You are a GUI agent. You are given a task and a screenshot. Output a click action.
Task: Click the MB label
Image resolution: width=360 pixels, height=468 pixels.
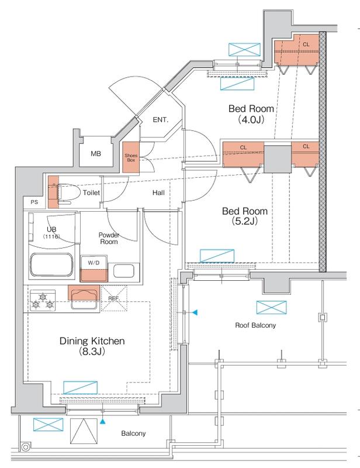[x=96, y=154]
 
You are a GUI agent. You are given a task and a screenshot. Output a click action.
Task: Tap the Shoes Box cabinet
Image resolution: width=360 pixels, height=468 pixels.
[x=131, y=157]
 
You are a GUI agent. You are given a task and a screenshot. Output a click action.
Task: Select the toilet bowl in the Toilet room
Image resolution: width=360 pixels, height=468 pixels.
[x=68, y=193]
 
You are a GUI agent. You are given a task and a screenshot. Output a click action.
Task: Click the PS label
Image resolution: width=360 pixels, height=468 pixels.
[x=34, y=202]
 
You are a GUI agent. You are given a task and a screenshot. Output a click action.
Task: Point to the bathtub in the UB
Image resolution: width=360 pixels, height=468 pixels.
[x=51, y=265]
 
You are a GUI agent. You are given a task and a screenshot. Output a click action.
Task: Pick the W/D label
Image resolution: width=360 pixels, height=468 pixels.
[x=94, y=263]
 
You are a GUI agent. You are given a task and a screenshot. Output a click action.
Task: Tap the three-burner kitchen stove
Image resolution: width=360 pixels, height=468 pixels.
[x=43, y=301]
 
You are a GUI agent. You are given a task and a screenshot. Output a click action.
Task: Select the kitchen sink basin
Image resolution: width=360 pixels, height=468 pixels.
[x=84, y=300]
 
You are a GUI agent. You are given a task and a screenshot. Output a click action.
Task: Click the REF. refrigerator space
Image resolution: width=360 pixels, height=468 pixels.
[x=114, y=298]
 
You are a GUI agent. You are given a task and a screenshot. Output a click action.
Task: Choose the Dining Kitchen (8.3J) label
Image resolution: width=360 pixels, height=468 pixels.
[x=92, y=346]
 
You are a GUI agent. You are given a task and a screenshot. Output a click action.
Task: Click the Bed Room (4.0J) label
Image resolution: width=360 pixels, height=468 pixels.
[x=251, y=113]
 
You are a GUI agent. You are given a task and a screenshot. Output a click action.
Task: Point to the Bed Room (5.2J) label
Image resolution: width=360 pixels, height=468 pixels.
[x=244, y=216]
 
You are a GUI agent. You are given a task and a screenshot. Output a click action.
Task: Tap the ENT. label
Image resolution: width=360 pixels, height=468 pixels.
[x=161, y=120]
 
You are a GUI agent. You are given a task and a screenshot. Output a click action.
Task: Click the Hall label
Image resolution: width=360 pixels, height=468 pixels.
[x=158, y=193]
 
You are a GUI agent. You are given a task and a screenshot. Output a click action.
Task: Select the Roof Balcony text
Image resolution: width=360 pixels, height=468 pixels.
[x=255, y=325]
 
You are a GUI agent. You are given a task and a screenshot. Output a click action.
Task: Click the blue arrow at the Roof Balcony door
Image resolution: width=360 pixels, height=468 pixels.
[x=195, y=312]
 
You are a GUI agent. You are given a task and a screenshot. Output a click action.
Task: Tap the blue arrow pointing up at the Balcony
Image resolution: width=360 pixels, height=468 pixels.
[x=102, y=422]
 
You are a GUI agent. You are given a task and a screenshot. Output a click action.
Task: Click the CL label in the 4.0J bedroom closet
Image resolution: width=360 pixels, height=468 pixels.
[x=306, y=44]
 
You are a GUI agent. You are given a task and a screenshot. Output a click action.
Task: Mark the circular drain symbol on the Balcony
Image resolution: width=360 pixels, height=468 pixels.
[x=25, y=447]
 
